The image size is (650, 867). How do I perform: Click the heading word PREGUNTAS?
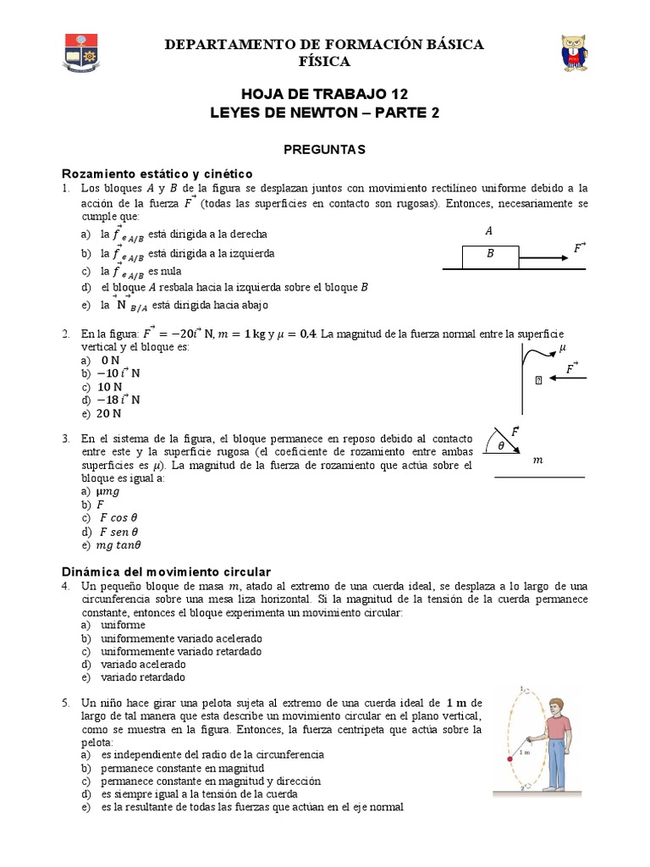[325, 149]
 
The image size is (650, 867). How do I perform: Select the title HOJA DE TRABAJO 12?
[325, 94]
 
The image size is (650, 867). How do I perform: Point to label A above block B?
[488, 230]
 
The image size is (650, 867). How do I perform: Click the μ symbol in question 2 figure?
[563, 347]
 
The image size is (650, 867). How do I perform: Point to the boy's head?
[555, 704]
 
